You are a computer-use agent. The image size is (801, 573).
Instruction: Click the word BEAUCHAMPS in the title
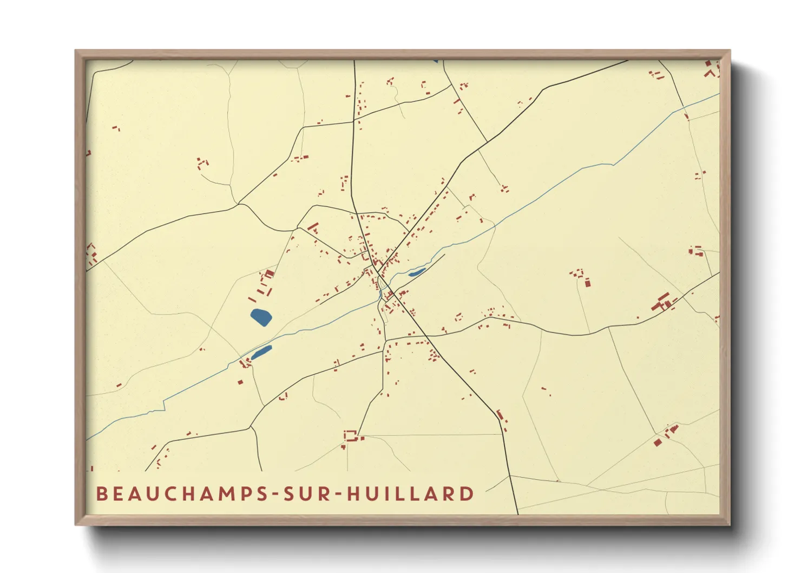[182, 494]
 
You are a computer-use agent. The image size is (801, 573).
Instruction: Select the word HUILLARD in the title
[410, 494]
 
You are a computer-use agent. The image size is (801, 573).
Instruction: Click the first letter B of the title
[101, 494]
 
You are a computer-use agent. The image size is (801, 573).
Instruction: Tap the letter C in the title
[162, 494]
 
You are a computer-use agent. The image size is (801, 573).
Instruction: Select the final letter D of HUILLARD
[467, 494]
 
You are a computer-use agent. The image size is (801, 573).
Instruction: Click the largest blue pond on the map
[261, 317]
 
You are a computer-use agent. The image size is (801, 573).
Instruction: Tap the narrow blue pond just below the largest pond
[261, 353]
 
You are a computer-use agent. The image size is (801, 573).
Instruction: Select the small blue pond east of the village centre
[417, 272]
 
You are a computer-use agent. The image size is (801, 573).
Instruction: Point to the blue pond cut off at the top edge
[435, 61]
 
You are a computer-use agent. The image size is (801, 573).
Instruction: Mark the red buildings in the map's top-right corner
[711, 69]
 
